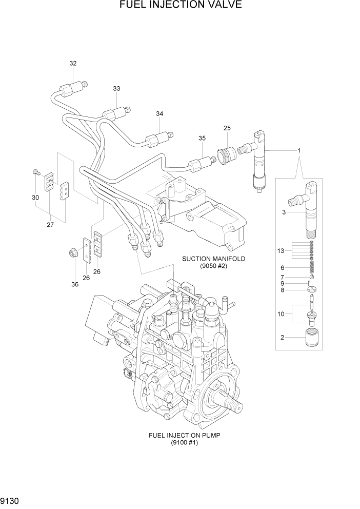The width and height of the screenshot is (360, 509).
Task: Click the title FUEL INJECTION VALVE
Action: (x=180, y=6)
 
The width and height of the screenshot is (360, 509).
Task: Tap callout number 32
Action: (x=73, y=64)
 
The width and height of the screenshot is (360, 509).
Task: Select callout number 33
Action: (x=116, y=89)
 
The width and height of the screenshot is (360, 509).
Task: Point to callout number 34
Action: (x=159, y=113)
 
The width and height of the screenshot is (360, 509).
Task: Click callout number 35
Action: (x=202, y=138)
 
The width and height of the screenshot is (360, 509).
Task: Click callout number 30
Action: (x=35, y=198)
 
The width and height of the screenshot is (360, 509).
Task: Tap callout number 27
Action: (x=50, y=224)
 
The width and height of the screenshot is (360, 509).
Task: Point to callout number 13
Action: (x=280, y=250)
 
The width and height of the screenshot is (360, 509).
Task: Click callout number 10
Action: (x=280, y=313)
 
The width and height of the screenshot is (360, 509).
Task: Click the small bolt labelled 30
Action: (x=35, y=173)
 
